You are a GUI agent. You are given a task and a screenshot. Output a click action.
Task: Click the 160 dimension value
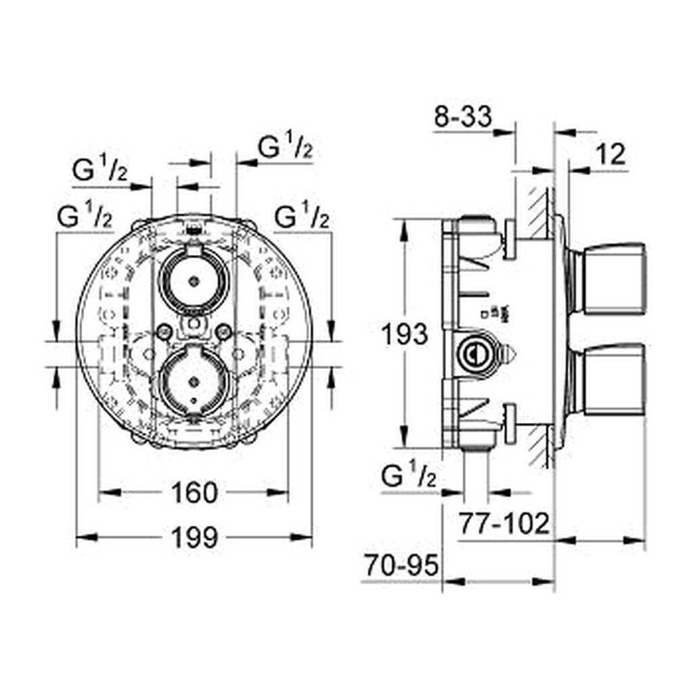pyautogui.click(x=194, y=493)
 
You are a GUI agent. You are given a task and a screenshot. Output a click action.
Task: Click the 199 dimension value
pyautogui.click(x=194, y=537)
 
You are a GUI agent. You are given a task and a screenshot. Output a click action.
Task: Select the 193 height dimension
pyautogui.click(x=405, y=334)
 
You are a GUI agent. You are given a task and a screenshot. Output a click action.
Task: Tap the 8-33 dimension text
pyautogui.click(x=463, y=117)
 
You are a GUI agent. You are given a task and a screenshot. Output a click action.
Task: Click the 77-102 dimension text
pyautogui.click(x=504, y=524)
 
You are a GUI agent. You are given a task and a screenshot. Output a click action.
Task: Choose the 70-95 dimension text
pyautogui.click(x=401, y=565)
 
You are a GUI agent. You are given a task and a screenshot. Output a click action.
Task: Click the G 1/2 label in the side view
pyautogui.click(x=408, y=477)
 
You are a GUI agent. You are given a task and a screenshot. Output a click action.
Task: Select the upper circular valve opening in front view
pyautogui.click(x=194, y=280)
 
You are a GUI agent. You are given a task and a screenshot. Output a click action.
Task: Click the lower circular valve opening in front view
pyautogui.click(x=194, y=380)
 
